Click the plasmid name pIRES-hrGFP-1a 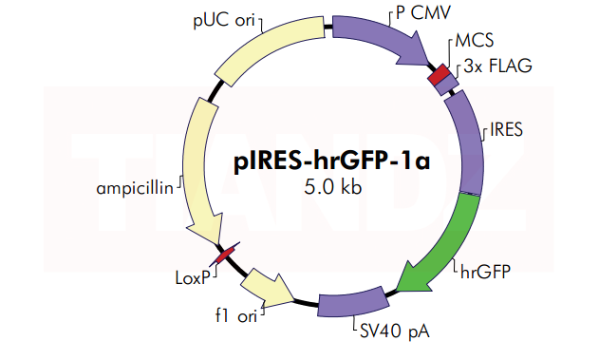[331, 161]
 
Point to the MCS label [475, 45]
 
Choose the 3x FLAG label [496, 66]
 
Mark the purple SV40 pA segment [351, 304]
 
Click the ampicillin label [134, 187]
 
